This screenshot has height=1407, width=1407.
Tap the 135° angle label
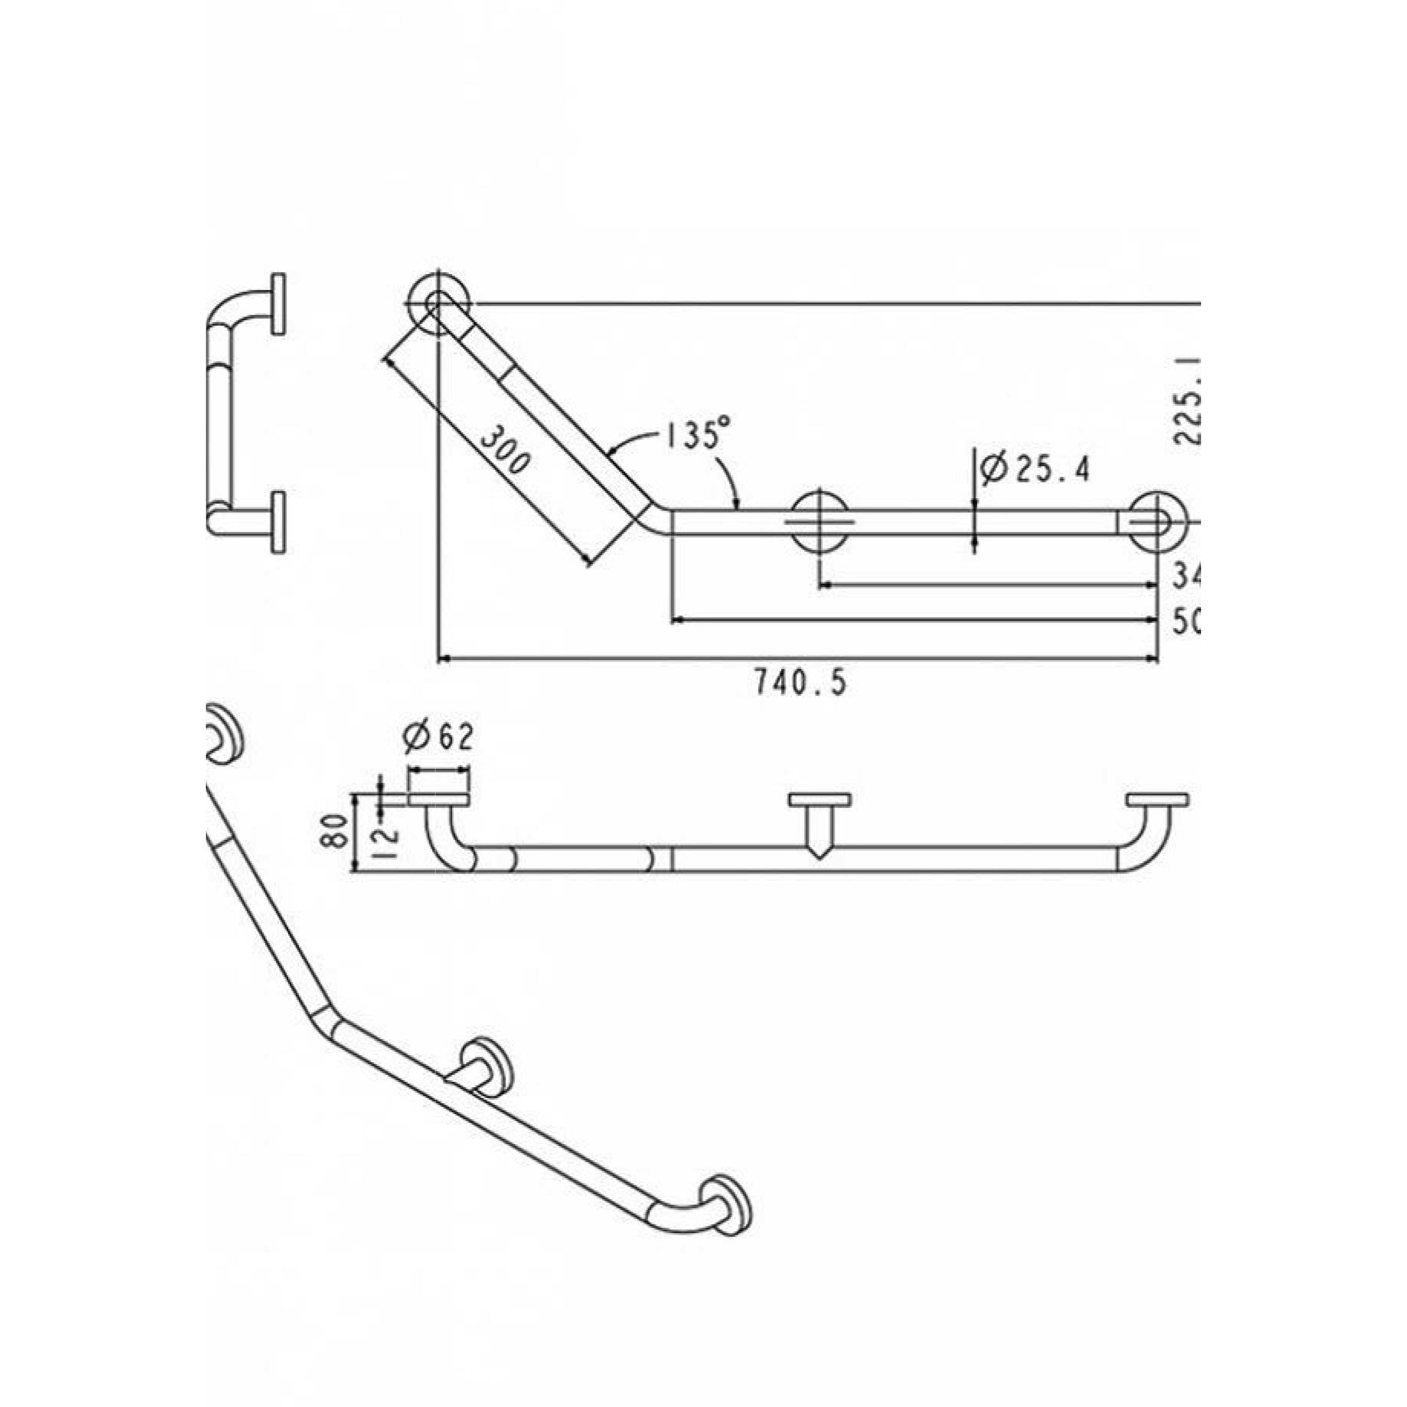[696, 436]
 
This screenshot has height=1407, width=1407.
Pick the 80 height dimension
[333, 831]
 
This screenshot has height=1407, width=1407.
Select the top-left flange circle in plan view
[439, 304]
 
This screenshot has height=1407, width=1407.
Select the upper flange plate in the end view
[278, 304]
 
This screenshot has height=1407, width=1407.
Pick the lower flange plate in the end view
[278, 522]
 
